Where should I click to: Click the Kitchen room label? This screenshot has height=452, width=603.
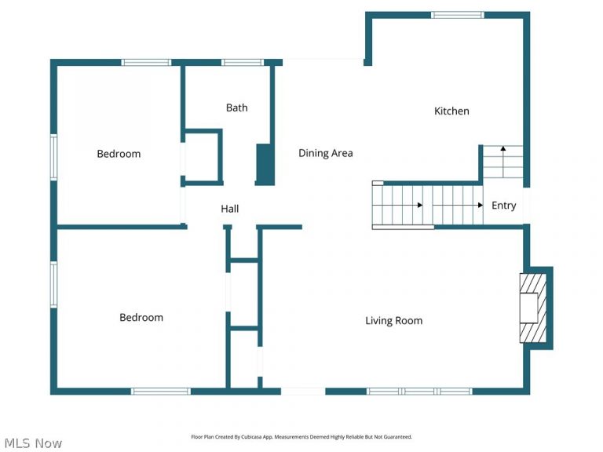[451, 111]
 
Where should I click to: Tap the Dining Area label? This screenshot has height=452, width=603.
[325, 153]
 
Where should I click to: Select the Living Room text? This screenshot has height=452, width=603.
[394, 320]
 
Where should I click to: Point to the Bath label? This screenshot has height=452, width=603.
[236, 108]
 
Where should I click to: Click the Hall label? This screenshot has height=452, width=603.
[229, 209]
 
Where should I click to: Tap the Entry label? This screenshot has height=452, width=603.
[504, 206]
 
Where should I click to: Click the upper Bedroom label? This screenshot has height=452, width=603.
[119, 154]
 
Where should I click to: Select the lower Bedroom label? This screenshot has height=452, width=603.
[141, 318]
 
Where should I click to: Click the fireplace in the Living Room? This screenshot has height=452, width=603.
[533, 308]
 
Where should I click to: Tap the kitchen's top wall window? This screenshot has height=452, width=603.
[457, 15]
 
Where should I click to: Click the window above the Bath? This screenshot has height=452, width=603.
[243, 63]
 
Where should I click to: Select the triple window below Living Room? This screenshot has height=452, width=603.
[419, 392]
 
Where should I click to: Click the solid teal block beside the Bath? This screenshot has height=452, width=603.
[265, 165]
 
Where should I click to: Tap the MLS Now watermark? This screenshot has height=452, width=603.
[33, 443]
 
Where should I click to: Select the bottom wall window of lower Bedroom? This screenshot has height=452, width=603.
[161, 392]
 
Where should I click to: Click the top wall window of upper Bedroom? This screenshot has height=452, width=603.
[146, 63]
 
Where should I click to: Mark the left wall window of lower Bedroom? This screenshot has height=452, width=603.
[54, 284]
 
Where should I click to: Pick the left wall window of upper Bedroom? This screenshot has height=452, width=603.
[54, 157]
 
